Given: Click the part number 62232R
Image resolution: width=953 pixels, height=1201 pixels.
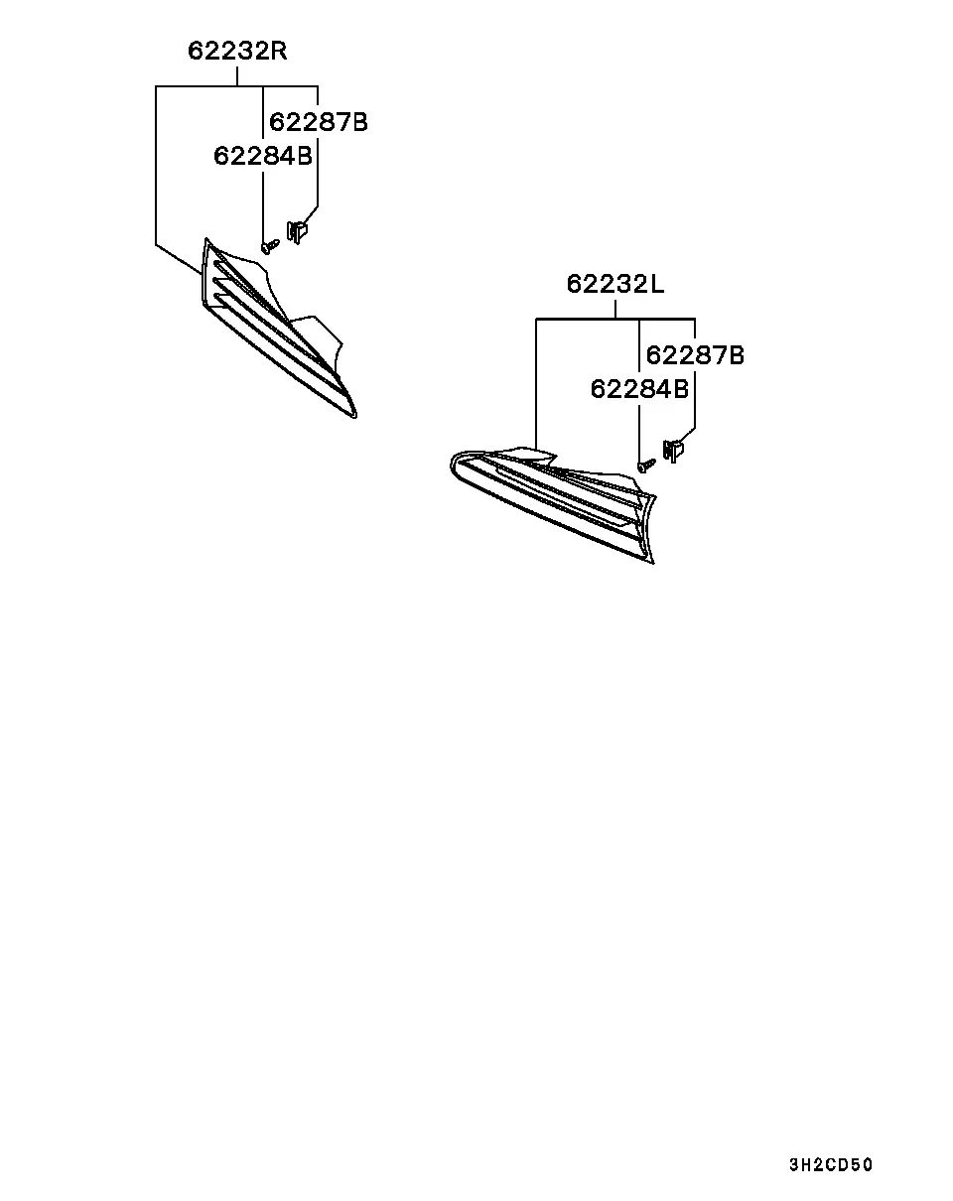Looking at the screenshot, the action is tap(237, 52).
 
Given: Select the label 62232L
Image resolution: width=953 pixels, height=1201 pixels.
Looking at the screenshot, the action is tap(615, 284).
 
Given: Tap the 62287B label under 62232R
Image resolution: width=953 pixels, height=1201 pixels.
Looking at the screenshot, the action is tap(319, 122).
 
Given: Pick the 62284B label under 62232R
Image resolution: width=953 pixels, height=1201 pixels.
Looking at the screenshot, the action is tap(262, 156).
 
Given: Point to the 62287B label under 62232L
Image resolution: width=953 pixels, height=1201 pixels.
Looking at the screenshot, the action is tap(695, 355).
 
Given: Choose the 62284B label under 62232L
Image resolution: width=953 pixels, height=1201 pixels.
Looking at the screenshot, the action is tap(639, 389).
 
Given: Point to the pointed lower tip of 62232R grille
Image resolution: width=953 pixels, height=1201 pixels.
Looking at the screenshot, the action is tap(354, 416).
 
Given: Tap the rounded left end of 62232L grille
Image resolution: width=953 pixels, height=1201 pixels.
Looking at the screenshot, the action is tap(453, 465).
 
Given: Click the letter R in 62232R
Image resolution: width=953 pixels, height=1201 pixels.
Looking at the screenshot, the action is tap(279, 52).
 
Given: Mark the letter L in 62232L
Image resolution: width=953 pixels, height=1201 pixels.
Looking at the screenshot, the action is tap(657, 284).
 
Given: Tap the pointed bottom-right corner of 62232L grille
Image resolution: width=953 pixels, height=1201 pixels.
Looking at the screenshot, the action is tap(652, 563).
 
